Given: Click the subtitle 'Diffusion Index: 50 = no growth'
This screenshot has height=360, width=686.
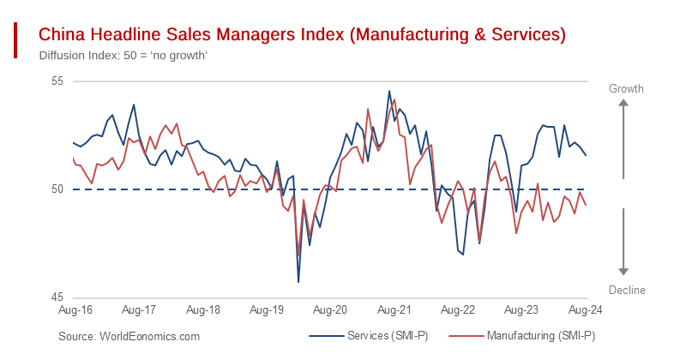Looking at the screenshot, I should (123, 56).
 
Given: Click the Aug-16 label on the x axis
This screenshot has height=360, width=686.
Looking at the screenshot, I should (75, 309).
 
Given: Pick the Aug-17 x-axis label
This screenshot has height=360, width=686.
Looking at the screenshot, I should (138, 309).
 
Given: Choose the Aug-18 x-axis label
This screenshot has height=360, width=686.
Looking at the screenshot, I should (202, 309).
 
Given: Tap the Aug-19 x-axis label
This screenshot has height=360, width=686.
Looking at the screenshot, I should (266, 309).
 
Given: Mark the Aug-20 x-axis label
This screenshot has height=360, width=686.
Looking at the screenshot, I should (329, 309).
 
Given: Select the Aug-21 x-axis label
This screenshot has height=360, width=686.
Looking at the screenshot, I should (394, 309).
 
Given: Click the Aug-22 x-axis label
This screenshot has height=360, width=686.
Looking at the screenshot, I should (457, 309).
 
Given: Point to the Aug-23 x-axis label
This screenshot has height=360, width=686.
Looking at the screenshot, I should (521, 309).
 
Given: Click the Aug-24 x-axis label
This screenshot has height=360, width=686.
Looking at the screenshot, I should (584, 309).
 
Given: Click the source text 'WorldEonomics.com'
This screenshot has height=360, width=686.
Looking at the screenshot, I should (129, 337).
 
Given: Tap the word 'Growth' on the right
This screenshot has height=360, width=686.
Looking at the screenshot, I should (626, 89).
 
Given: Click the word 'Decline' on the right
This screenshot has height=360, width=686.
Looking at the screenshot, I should (626, 290).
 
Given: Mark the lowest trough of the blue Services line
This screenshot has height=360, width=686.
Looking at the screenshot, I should (298, 281).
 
